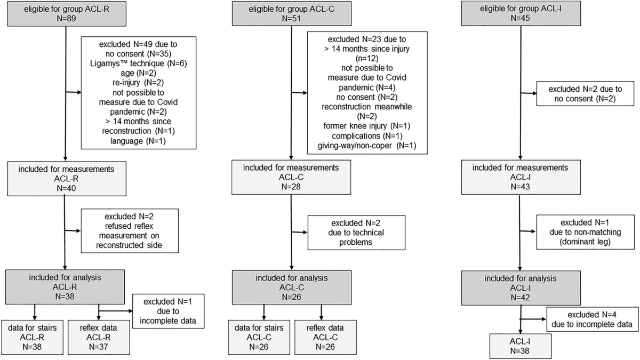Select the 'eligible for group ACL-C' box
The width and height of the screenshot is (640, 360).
click(290, 12)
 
